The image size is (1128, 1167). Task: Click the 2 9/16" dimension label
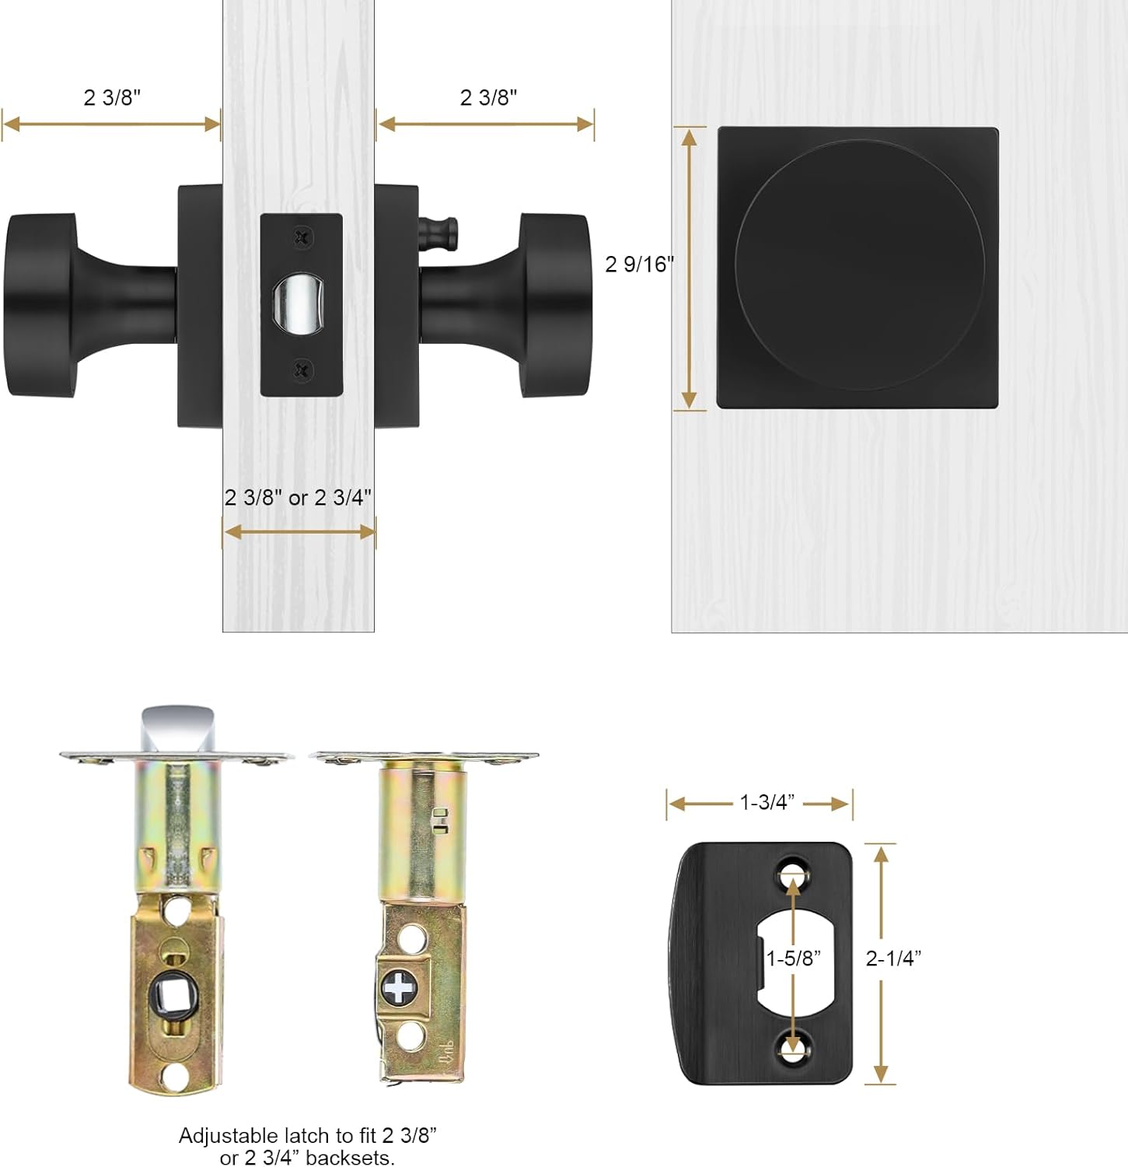[x=640, y=265]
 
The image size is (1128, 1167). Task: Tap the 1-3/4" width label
[x=767, y=802]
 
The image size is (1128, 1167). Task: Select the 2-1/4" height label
[x=894, y=958]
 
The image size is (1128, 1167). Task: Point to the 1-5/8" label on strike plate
[x=794, y=958]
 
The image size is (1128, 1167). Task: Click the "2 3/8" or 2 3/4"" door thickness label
[x=299, y=497]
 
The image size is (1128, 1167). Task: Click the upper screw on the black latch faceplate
[x=303, y=237]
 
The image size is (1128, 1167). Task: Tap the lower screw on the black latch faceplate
[x=303, y=370]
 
